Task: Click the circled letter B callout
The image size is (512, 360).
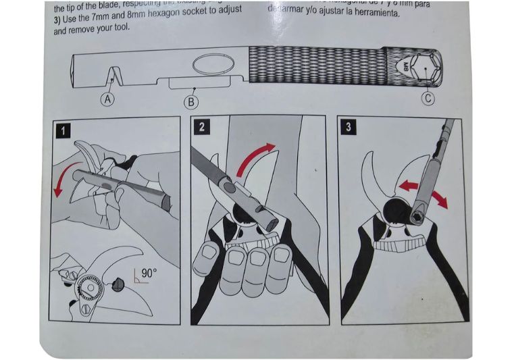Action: tap(192, 102)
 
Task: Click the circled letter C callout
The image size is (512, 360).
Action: tap(428, 99)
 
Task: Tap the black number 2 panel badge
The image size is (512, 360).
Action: tap(201, 127)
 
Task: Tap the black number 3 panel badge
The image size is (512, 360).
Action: tap(346, 126)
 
